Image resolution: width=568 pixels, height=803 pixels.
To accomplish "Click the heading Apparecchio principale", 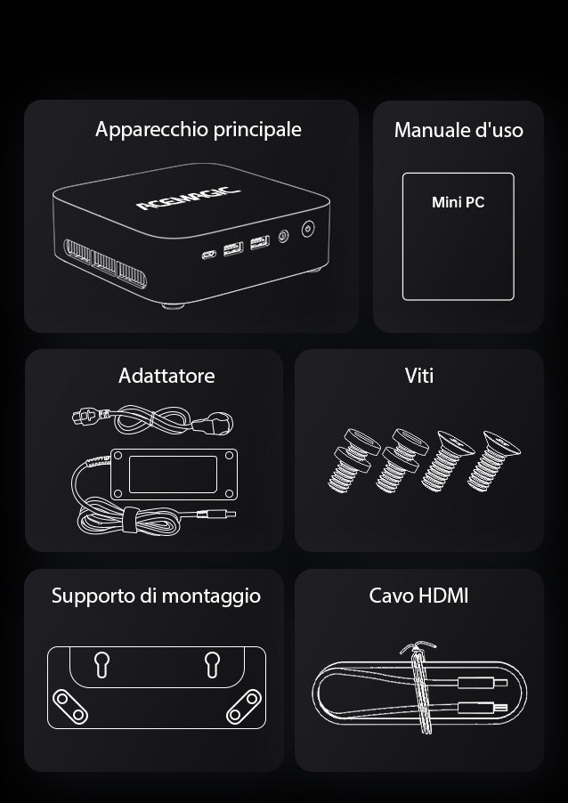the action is click(x=199, y=130).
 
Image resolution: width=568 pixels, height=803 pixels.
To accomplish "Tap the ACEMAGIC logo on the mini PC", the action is click(x=188, y=199).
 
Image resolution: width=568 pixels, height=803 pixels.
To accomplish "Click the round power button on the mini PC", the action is click(x=308, y=229).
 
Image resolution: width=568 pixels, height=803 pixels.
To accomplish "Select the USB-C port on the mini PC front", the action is click(x=209, y=254).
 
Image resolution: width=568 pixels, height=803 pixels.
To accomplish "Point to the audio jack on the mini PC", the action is click(x=283, y=236).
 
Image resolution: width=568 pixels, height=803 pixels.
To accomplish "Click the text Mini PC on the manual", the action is click(x=458, y=202).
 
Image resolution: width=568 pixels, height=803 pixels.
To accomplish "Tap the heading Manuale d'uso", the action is click(x=458, y=130).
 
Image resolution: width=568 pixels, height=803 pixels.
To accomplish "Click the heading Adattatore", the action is click(x=166, y=376).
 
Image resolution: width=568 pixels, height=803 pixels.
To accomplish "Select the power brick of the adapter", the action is click(x=174, y=474).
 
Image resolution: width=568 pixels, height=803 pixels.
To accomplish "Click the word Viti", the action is click(x=419, y=376).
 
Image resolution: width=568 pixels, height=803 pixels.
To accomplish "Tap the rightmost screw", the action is click(x=493, y=460).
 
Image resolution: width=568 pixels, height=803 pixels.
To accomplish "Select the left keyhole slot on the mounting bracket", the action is click(x=101, y=664).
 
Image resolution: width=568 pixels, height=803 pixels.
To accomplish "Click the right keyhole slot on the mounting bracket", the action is click(x=212, y=664).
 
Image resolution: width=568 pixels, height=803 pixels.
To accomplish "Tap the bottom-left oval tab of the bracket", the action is click(x=70, y=707).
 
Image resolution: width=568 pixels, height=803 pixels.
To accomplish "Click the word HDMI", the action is click(x=443, y=596).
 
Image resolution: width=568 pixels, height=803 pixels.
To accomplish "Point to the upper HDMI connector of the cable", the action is click(x=482, y=682).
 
